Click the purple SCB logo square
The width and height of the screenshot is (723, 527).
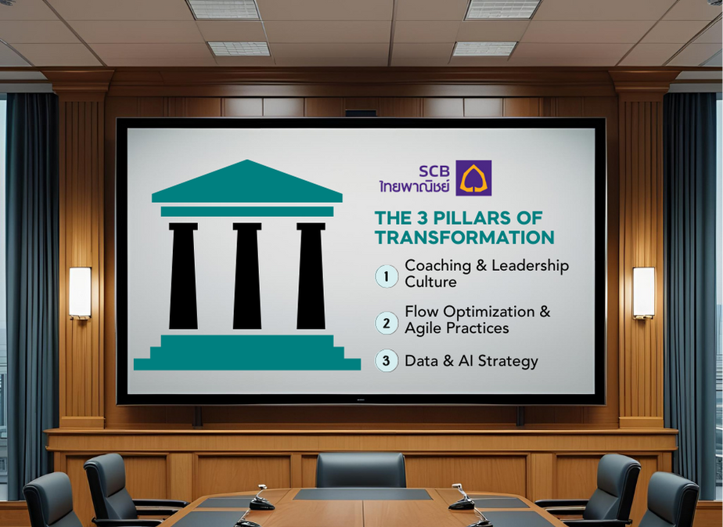click(473, 178)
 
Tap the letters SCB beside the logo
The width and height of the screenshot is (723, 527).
click(435, 170)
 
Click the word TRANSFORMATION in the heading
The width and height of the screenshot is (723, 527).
click(464, 237)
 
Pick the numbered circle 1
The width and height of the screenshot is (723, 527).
click(387, 276)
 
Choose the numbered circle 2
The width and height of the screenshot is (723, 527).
click(387, 322)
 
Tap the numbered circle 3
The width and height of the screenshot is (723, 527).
click(387, 361)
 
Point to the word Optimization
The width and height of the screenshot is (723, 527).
click(480, 312)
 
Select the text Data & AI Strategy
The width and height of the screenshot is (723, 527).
click(471, 361)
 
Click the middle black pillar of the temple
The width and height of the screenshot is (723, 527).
click(247, 276)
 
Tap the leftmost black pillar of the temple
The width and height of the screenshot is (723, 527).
click(183, 276)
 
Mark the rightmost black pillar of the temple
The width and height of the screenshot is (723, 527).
click(311, 276)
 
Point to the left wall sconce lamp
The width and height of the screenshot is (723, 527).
click(80, 293)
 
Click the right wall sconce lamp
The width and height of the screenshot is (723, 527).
click(643, 293)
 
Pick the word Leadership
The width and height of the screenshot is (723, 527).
click(527, 266)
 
